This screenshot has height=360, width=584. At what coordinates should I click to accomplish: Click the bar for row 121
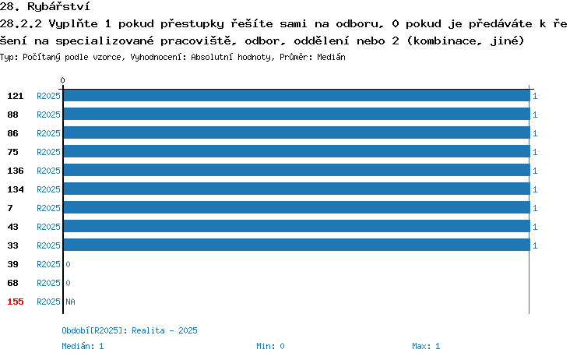pos(297,95)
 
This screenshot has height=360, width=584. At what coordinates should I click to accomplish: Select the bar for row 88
pos(297,114)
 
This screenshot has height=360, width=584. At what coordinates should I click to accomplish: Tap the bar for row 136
pos(297,170)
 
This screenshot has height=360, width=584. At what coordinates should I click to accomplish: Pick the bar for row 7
pos(297,207)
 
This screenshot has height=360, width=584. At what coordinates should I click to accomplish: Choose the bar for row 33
pos(297,245)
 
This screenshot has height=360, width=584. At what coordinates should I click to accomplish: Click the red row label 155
pos(16,302)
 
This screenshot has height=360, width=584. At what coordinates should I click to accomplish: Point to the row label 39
pos(12,264)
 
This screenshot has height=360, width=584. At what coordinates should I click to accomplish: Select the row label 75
pos(12,152)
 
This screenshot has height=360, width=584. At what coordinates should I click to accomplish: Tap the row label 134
pos(16,189)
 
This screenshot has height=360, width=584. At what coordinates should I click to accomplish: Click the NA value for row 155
pos(70,302)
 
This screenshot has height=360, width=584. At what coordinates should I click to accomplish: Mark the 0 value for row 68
pos(68,283)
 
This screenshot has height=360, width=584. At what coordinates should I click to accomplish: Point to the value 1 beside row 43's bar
pos(535,227)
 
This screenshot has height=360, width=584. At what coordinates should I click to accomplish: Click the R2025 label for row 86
pos(48,133)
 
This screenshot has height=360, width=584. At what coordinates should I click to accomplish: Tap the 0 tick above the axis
pos(62,80)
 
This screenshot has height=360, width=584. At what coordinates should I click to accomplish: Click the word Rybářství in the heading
pos(58,7)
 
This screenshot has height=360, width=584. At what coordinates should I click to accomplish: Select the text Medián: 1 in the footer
pos(83,346)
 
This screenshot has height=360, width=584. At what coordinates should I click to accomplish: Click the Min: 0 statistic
pos(270,346)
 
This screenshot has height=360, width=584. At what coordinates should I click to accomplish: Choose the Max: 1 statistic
pos(426,346)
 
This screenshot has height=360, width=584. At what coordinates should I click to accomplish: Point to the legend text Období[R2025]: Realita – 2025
pos(129,330)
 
